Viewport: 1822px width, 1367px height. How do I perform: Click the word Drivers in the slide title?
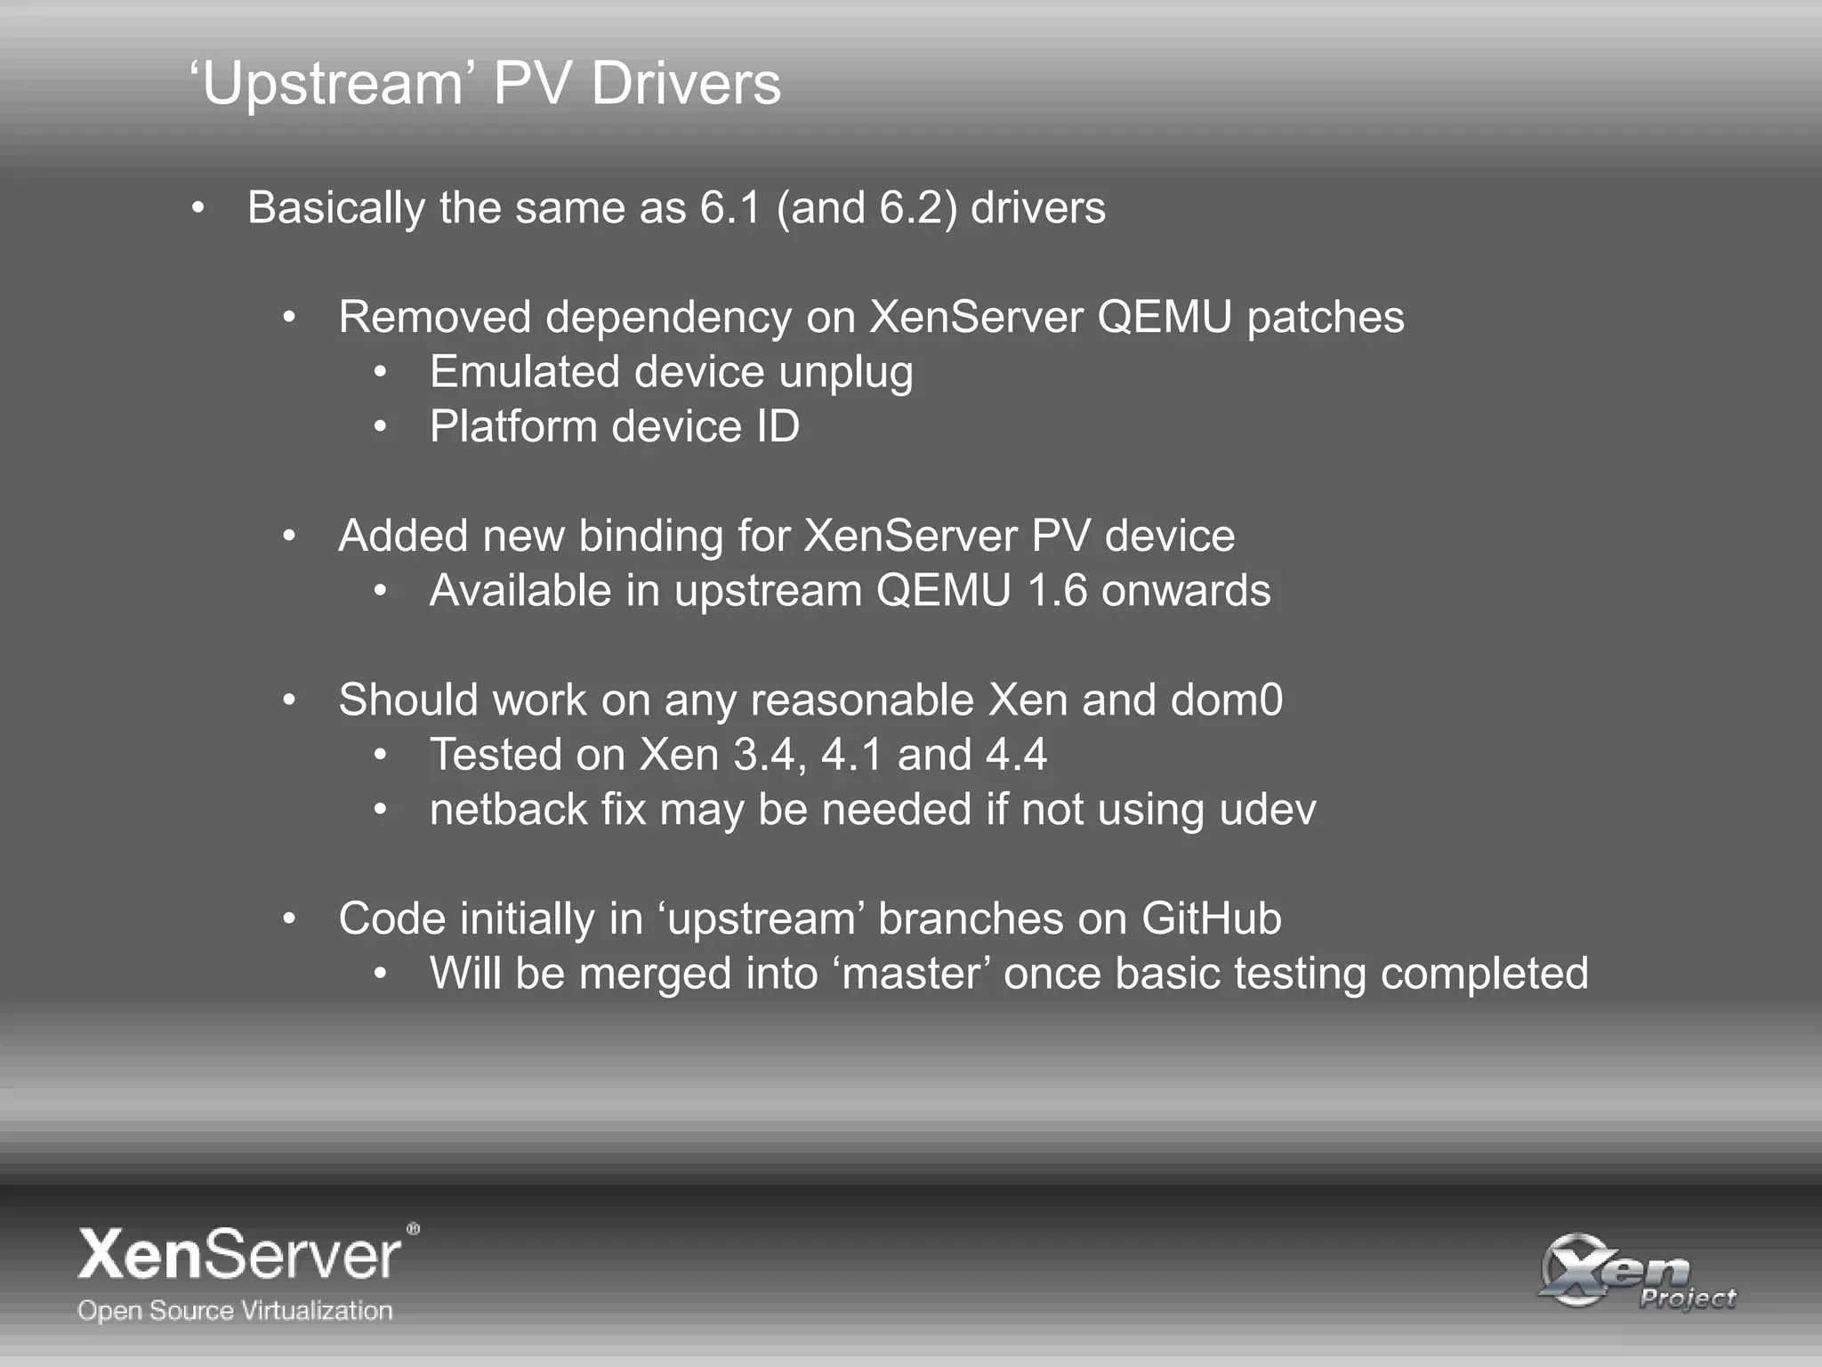click(x=685, y=84)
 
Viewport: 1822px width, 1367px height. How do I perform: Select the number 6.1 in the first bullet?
click(x=730, y=208)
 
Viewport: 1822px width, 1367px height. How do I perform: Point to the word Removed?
click(x=435, y=318)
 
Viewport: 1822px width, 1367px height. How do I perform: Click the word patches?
click(x=1326, y=318)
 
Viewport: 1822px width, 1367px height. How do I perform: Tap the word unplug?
click(x=845, y=373)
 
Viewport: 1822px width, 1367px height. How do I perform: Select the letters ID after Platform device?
click(x=778, y=427)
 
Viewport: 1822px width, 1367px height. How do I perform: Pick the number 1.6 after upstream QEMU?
click(x=1057, y=592)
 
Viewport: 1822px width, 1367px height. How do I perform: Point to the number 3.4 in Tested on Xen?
click(x=763, y=756)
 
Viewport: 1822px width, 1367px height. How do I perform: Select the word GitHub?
click(x=1211, y=919)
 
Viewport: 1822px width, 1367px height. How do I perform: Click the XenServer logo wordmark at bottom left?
click(x=241, y=1254)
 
